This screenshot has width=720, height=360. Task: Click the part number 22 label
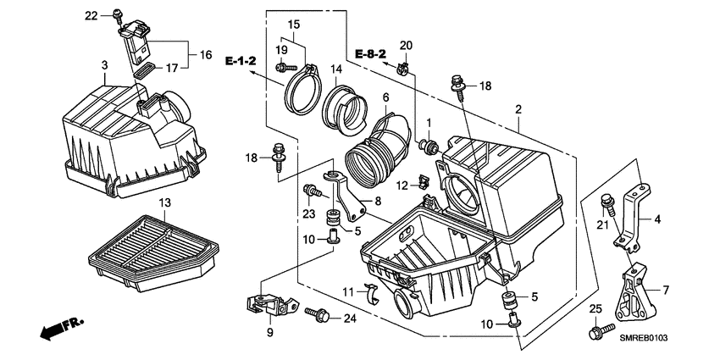[91, 15]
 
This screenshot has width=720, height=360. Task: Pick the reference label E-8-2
[370, 53]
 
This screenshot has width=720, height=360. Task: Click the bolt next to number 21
[606, 204]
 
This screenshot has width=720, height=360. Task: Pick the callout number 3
[103, 65]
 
